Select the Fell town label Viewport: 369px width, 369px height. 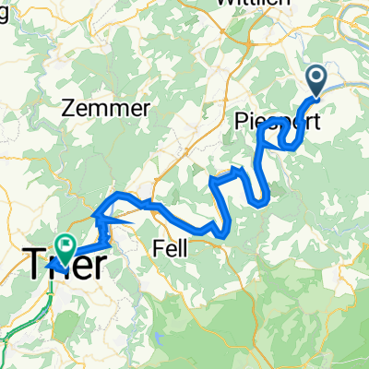click(169, 247)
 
